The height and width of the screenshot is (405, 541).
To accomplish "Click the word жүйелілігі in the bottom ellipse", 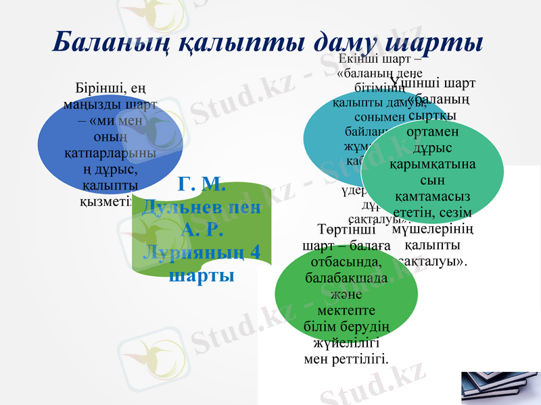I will click(x=346, y=342).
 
